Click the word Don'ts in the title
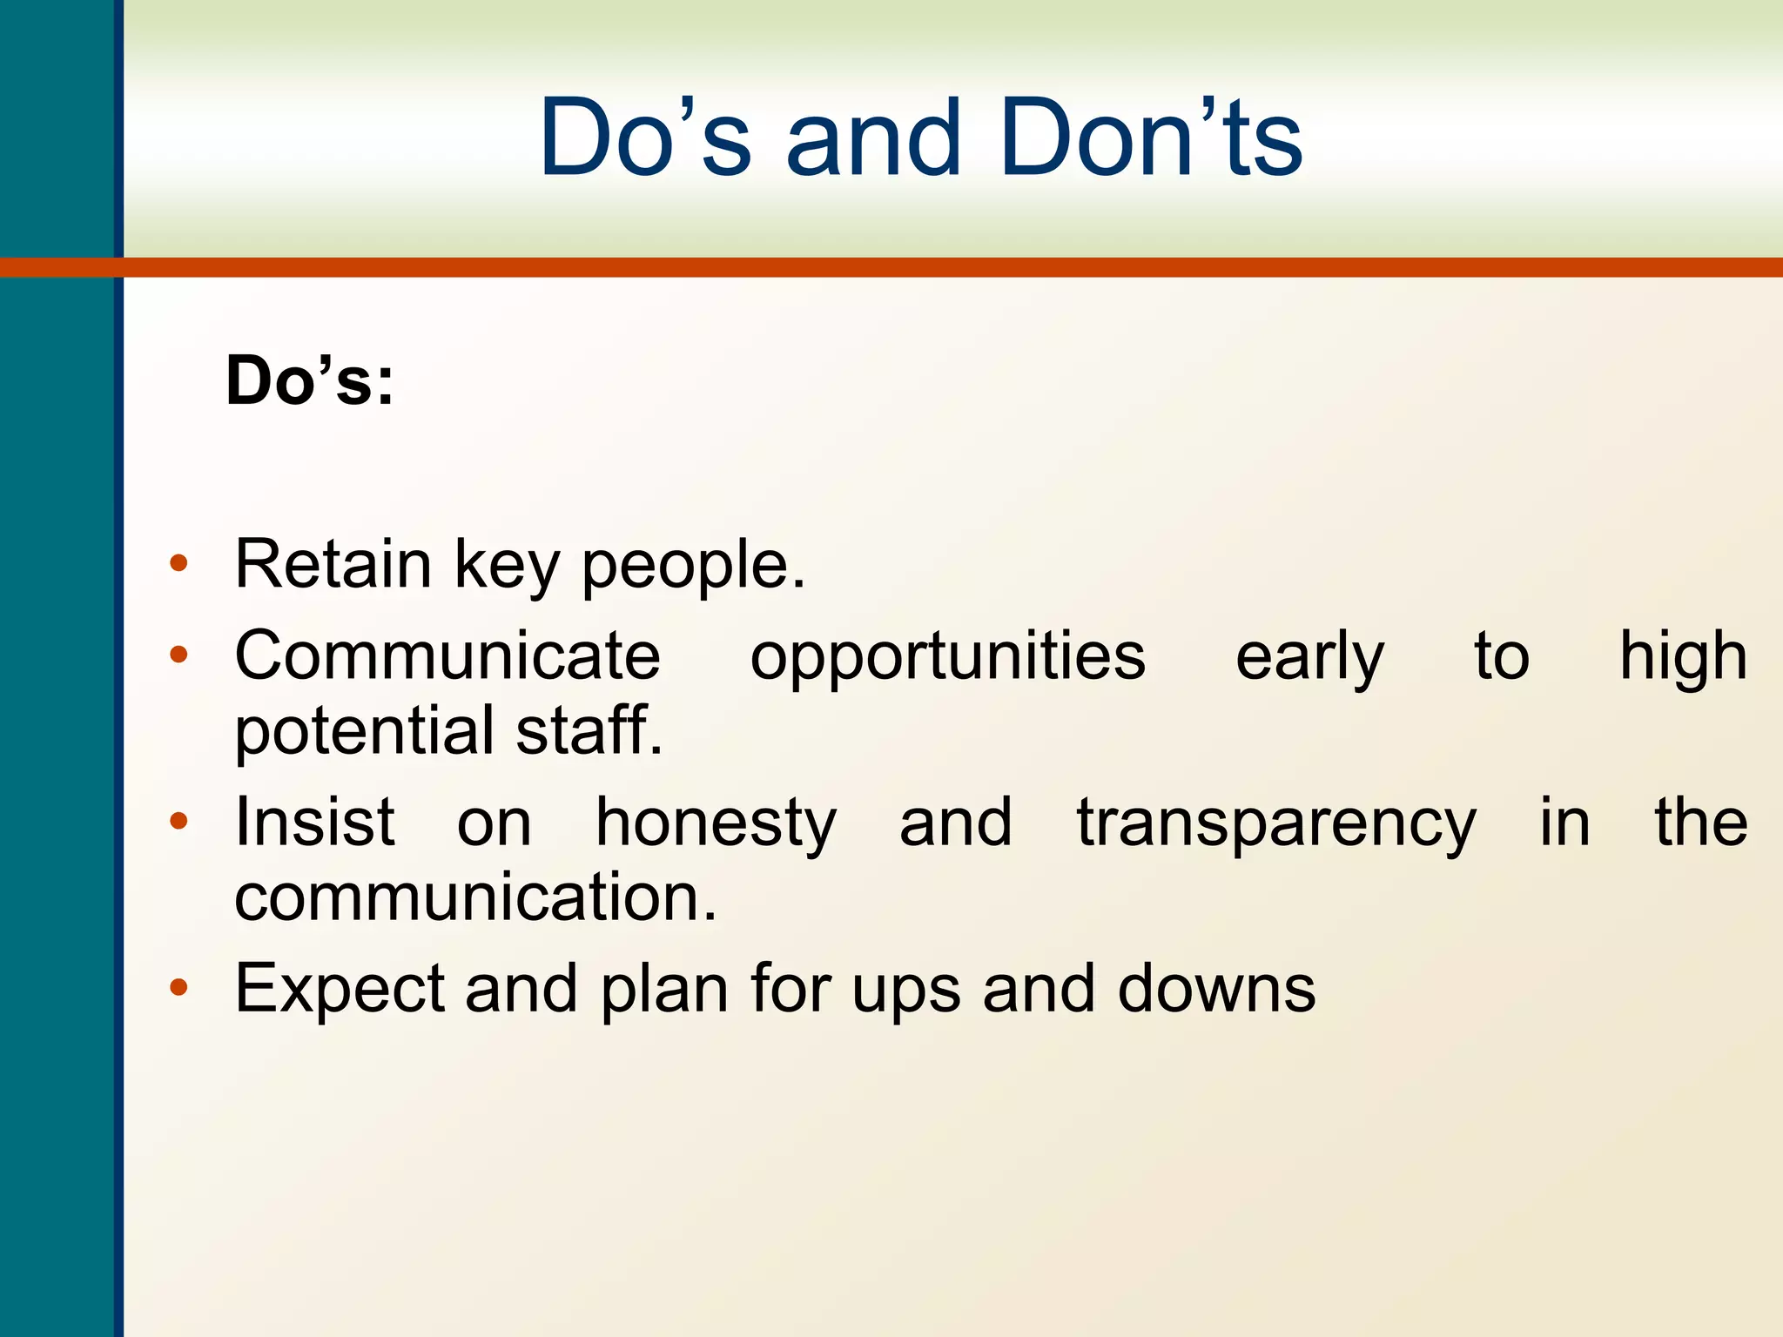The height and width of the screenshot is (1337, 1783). [1150, 139]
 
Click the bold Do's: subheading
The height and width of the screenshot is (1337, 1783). [310, 381]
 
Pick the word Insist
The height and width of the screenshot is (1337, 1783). [315, 822]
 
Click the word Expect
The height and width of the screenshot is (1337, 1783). [339, 991]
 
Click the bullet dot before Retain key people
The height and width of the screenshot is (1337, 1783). [178, 564]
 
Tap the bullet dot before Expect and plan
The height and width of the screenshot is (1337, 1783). [178, 987]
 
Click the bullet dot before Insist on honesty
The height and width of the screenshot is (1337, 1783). [178, 821]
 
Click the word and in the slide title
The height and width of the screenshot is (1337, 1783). [874, 139]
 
